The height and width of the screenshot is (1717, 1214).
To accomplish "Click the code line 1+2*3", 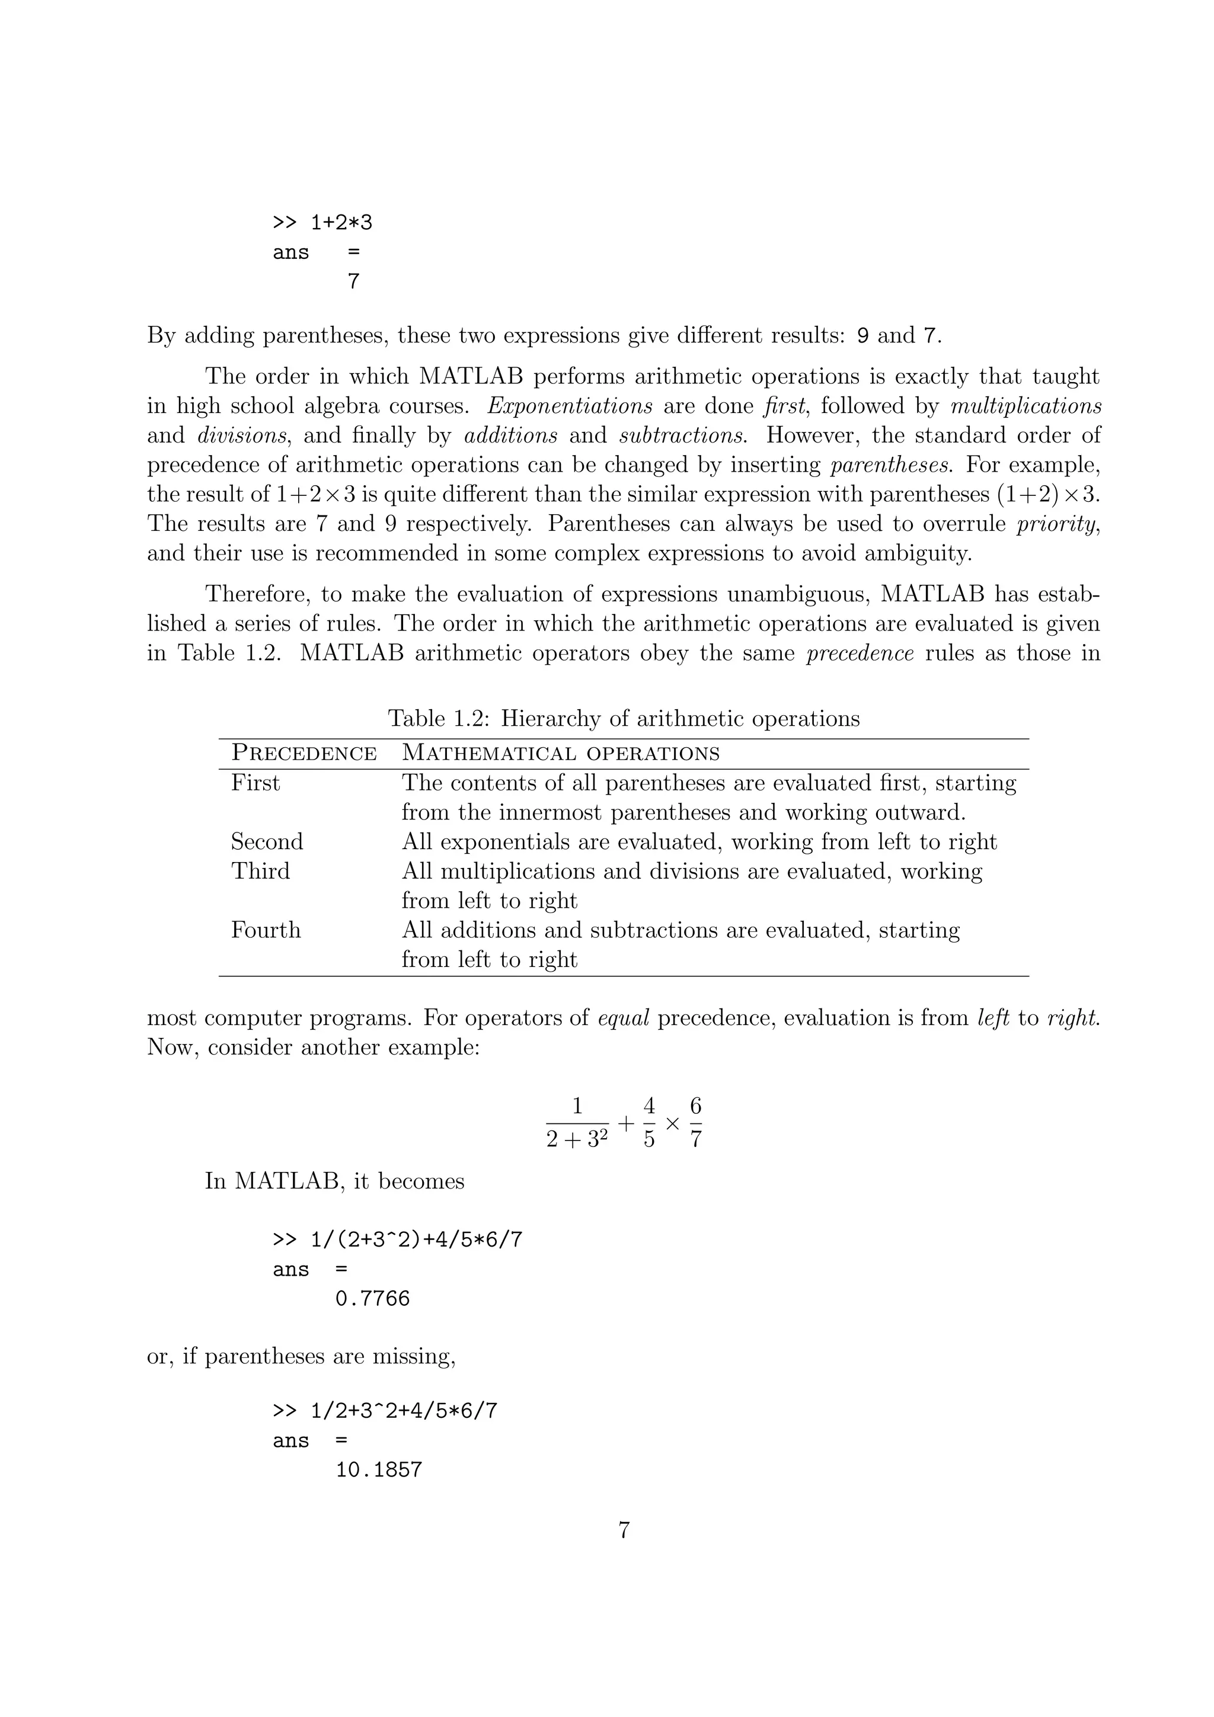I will pos(322,223).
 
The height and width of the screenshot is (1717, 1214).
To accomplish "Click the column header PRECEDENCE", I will pos(303,753).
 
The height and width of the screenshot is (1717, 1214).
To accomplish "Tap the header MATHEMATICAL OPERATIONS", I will pos(560,753).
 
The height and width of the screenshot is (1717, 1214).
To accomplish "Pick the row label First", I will pos(255,783).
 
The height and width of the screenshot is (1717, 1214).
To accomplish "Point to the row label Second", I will pos(266,842).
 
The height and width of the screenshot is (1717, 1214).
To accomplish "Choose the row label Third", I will pos(260,871).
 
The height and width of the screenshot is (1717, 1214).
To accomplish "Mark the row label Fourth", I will pos(266,930).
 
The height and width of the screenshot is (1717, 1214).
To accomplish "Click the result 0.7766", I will pos(372,1298).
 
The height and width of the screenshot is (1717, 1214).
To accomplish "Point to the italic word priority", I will pos(1057,524).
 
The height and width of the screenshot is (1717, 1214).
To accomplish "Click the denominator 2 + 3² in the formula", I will pos(576,1140).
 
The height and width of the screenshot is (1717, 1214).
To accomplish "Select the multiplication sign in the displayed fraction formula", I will pos(672,1123).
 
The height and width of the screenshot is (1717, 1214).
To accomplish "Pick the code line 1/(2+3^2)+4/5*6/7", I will pos(397,1240).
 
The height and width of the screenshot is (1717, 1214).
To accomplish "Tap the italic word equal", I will pos(623,1018).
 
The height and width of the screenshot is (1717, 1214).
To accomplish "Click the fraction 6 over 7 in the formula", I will pos(696,1123).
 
